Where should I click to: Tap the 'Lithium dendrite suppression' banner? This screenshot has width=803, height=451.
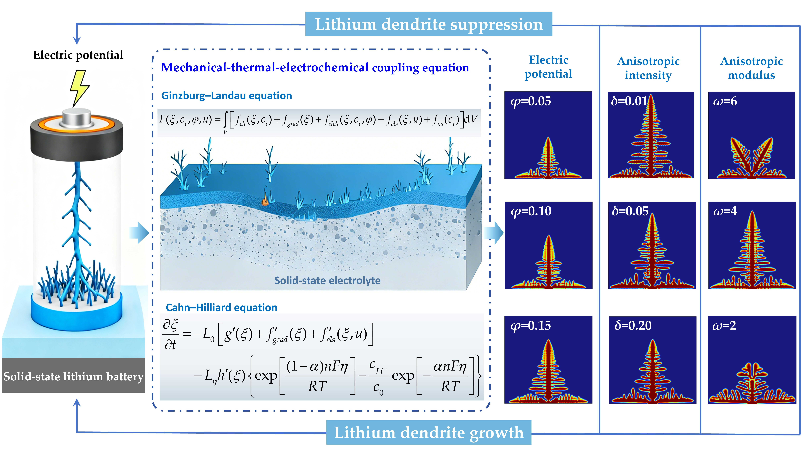429,24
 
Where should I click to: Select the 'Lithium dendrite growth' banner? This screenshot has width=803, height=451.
429,433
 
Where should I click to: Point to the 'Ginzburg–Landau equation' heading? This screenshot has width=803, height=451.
227,96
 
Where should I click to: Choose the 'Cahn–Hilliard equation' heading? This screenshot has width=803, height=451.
221,307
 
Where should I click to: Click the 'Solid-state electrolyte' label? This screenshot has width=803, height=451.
327,280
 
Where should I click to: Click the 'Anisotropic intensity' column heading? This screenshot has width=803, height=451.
648,68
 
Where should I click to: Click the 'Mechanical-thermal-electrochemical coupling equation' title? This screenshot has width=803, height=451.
315,68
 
